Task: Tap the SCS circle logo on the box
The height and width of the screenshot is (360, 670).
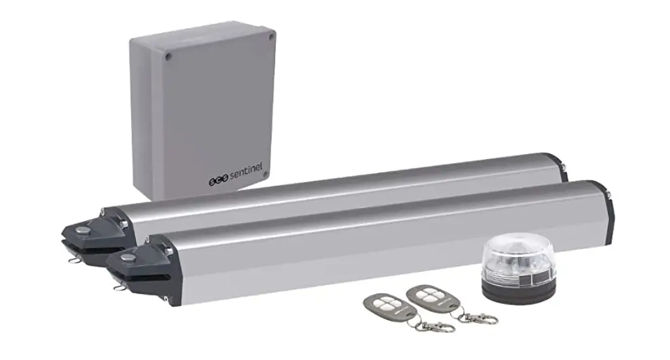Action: click(x=216, y=181)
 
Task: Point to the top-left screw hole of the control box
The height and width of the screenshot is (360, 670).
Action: click(x=169, y=57)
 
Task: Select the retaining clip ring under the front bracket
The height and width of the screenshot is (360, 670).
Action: click(x=118, y=287)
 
